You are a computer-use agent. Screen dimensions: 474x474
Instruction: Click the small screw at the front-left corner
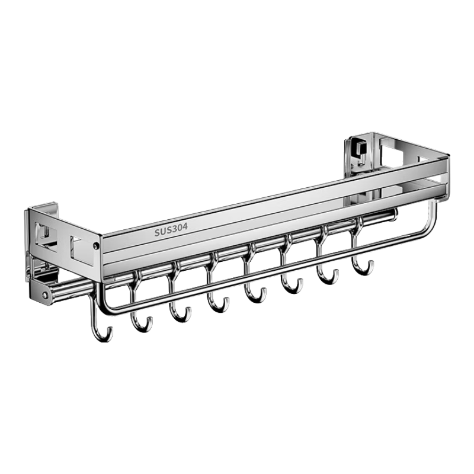click(97, 246)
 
